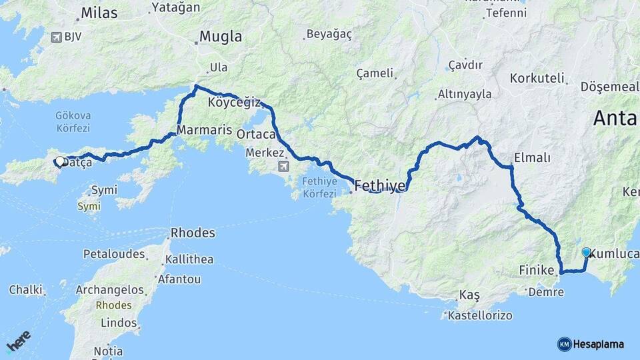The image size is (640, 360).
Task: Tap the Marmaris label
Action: point(204,129)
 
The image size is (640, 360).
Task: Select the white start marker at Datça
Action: point(60,161)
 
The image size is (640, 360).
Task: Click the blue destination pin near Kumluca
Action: point(586,253)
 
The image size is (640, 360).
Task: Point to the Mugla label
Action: point(221,37)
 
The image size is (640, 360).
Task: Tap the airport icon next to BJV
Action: point(56,37)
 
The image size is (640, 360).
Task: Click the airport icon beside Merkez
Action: point(285,166)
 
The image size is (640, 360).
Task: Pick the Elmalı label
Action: point(532,158)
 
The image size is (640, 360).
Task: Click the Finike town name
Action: point(537,271)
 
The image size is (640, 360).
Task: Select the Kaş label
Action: point(469,295)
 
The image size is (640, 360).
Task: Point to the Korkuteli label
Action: point(537,78)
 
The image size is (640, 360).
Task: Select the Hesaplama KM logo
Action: point(591,344)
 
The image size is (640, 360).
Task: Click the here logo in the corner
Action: point(19,341)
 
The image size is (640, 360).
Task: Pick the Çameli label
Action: point(374,73)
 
